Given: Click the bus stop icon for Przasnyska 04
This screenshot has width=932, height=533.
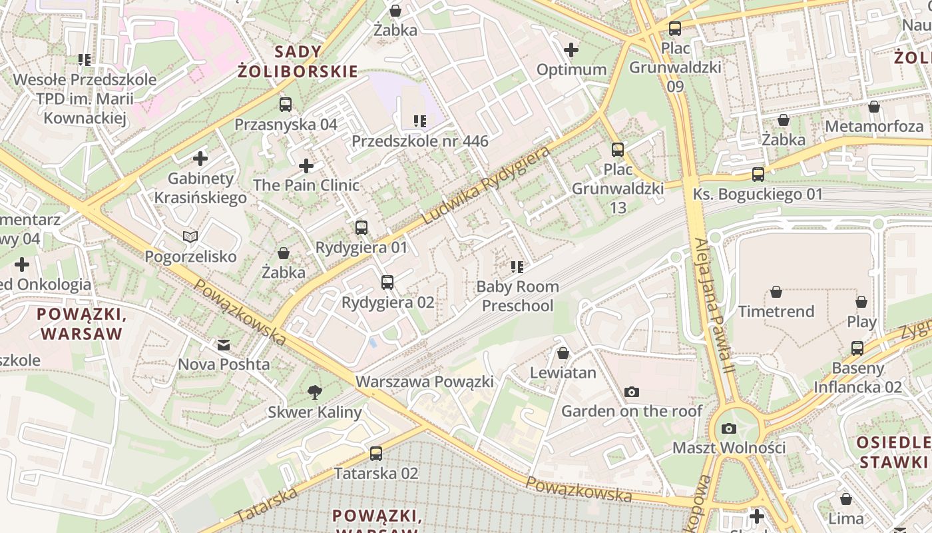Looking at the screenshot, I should coord(286,105).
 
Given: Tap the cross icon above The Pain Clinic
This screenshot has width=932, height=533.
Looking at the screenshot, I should coord(306,165).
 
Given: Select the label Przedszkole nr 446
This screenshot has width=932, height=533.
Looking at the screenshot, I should coord(419,141).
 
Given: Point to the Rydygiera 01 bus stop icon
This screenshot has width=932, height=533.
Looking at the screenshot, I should coord(361,228).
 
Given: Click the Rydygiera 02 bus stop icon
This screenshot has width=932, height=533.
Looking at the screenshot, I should coord(387,282).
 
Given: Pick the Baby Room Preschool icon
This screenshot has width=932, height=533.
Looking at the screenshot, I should coord(517,267).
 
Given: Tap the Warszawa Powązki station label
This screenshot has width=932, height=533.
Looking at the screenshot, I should coord(425,382).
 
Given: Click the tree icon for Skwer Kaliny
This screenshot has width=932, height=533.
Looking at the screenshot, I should coord(315,392).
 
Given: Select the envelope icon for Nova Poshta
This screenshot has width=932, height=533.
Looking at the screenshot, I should coord(223,344).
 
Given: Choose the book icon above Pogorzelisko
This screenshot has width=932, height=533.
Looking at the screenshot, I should coord(190,237).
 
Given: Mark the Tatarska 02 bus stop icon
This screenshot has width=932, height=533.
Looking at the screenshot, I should coord(376,454).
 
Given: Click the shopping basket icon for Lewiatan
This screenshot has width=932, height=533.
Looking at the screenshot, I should coord(563,352).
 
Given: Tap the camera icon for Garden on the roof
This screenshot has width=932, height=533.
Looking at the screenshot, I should coord(632,392).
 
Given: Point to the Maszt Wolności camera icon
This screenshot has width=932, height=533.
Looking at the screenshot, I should coord(729,428).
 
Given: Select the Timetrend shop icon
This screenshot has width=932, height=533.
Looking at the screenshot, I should coord(776,292).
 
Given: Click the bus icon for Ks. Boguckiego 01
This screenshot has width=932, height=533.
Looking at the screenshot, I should coord(758,175).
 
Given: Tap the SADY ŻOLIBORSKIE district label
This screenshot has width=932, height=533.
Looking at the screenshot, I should coord(298,61).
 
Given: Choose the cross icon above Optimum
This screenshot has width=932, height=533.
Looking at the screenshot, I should coord(571,50).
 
